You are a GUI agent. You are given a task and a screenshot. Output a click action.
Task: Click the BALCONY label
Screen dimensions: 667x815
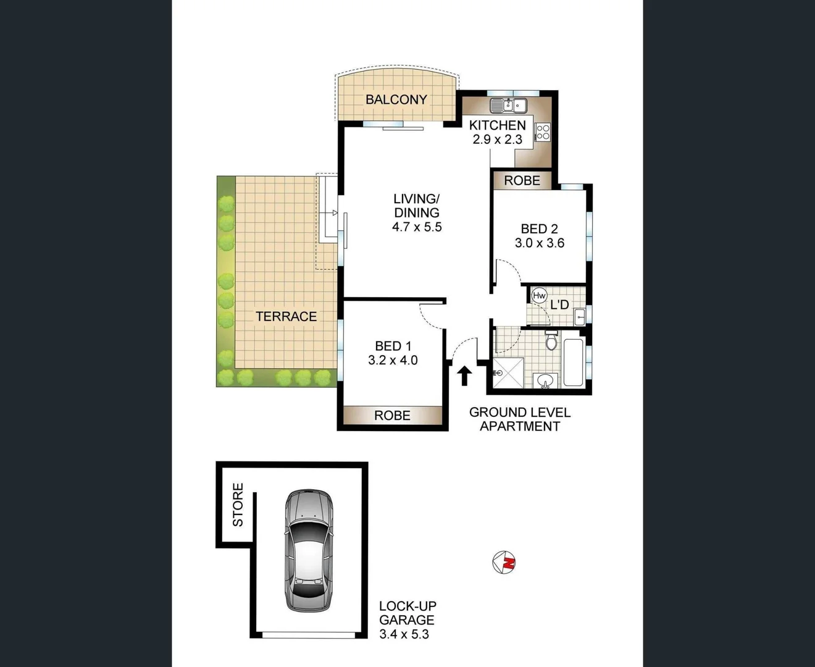[396, 99]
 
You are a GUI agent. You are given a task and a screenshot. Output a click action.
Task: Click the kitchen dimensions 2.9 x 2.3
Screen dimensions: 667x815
[497, 140]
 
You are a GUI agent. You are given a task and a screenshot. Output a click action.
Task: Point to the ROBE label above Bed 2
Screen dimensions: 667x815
[522, 180]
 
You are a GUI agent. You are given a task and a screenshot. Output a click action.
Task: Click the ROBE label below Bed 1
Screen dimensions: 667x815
[392, 416]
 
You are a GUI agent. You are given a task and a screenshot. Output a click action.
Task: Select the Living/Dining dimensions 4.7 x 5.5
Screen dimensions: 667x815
[417, 227]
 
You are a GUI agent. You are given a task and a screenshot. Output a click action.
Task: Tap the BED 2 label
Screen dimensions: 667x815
[539, 229]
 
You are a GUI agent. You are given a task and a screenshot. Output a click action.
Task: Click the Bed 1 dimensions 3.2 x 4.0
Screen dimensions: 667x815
[393, 360]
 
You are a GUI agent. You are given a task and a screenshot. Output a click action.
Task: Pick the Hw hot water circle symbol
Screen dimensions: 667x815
[539, 296]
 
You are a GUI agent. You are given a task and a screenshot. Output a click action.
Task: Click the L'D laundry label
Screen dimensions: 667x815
[559, 304]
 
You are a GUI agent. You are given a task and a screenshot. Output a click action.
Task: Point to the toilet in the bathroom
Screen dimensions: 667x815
[552, 340]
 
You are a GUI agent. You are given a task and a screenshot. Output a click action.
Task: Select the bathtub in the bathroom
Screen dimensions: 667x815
[573, 362]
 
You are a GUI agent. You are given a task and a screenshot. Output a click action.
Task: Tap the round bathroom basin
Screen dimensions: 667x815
[545, 380]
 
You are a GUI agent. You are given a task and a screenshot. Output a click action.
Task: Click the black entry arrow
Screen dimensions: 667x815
[464, 375]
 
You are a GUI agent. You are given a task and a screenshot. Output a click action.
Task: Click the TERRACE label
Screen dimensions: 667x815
[286, 316]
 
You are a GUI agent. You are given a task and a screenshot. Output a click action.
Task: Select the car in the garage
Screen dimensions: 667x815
[309, 550]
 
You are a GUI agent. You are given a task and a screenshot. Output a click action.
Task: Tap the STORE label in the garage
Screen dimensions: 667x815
[238, 505]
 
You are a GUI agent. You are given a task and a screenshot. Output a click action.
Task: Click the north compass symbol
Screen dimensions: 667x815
[504, 562]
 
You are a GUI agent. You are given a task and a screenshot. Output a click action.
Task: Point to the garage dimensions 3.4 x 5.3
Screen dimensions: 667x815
[404, 634]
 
